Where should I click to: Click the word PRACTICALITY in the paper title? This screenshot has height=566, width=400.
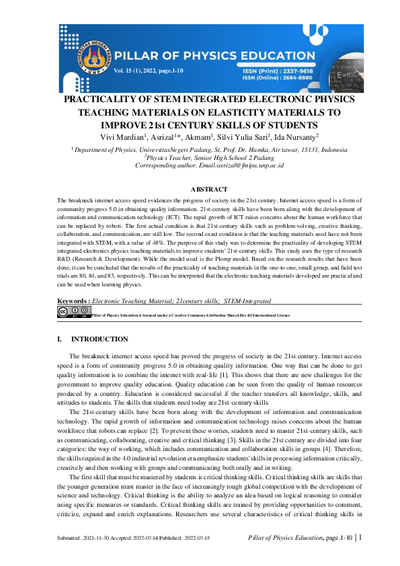102,100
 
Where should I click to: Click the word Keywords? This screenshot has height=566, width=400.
73,301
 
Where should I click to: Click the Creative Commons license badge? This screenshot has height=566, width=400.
73,313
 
